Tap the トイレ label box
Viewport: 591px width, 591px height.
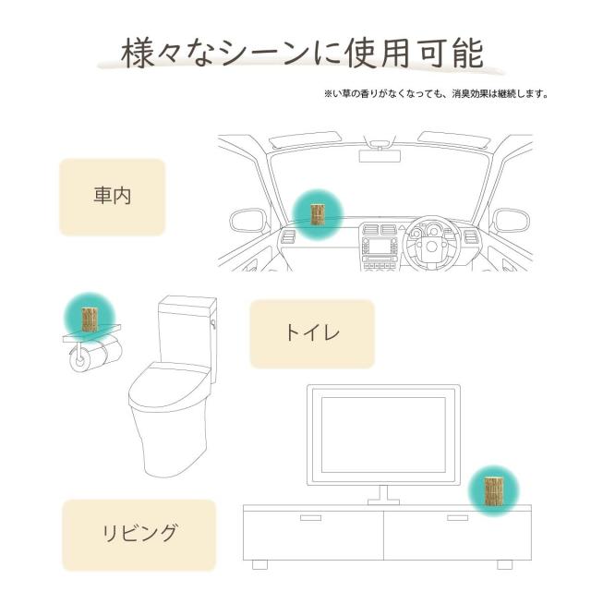312,333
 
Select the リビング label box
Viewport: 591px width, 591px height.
139,534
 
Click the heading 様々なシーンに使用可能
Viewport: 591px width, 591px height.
303,54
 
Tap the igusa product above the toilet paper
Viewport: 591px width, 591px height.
90,319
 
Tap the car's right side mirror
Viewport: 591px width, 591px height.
510,221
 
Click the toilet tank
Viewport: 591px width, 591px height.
187,328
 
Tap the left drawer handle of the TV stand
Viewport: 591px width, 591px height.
309,518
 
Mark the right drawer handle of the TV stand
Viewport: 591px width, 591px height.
457,518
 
